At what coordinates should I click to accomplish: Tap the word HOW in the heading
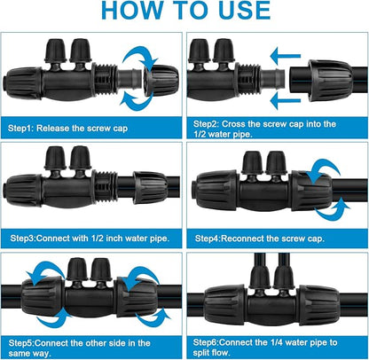click(130, 11)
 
